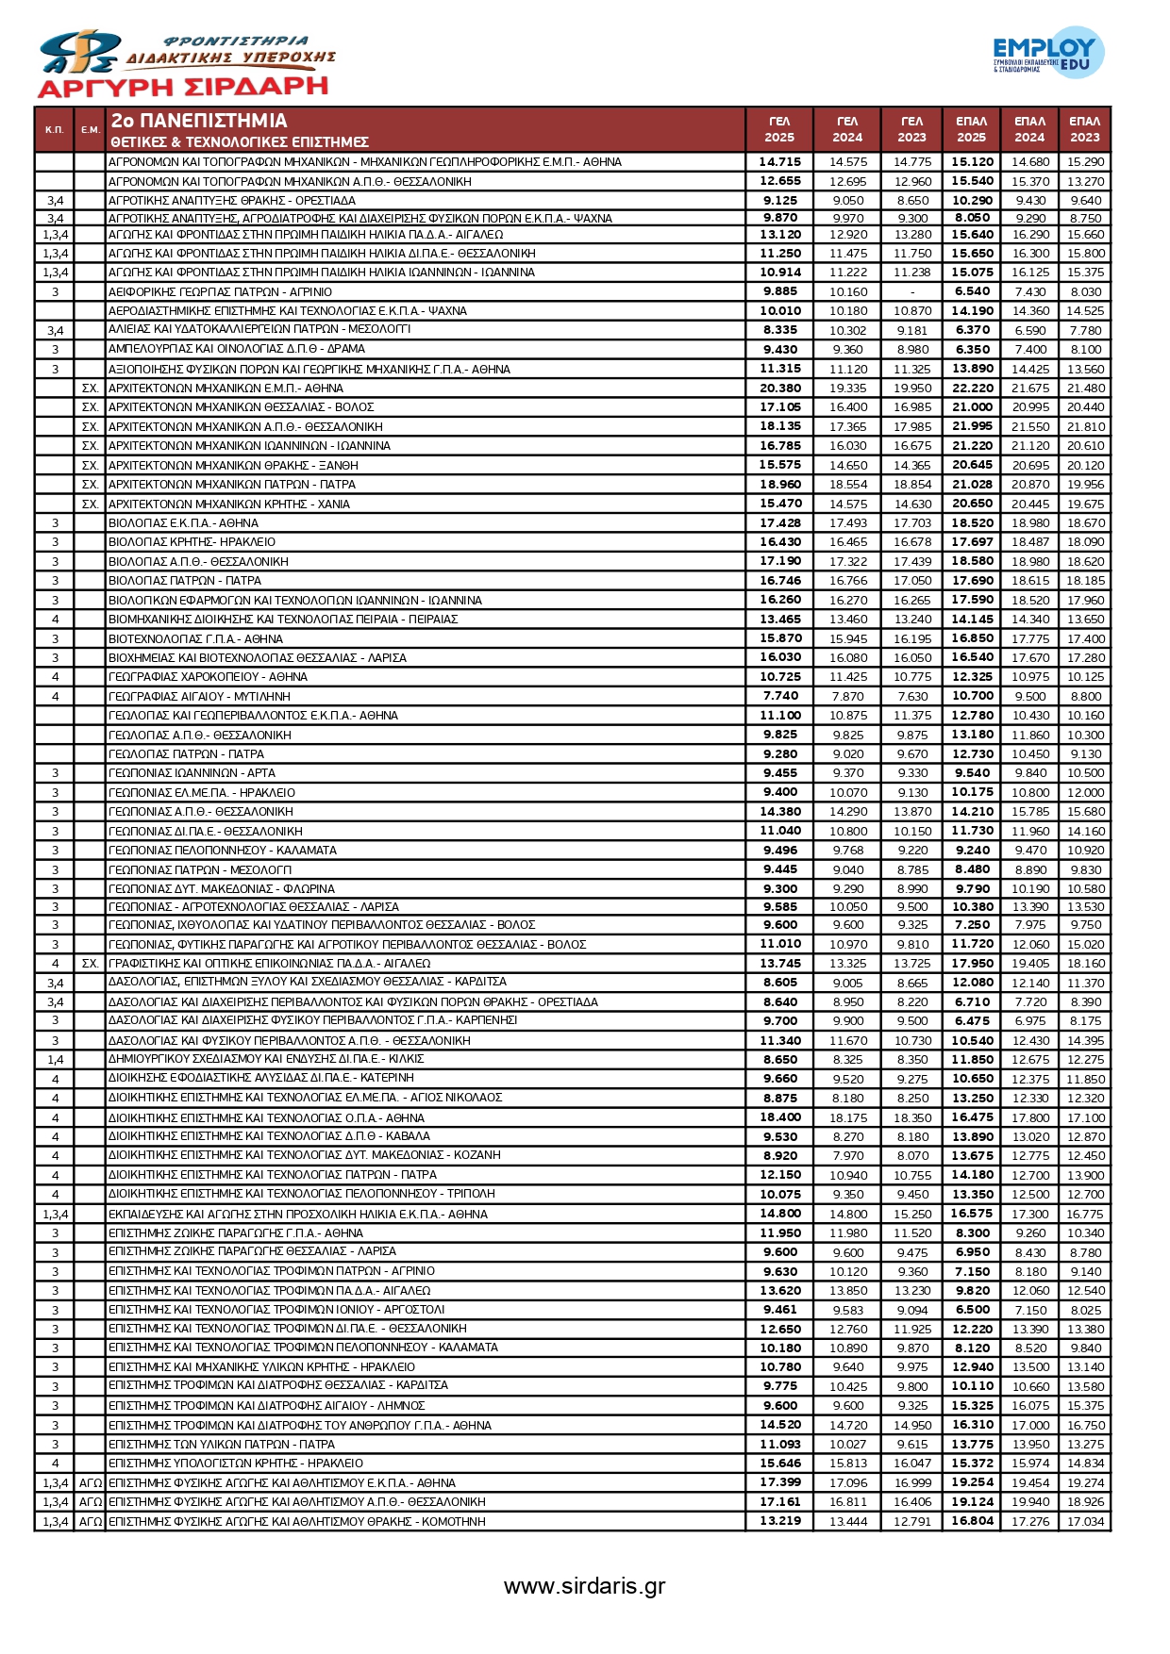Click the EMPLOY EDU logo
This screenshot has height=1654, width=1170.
(1047, 53)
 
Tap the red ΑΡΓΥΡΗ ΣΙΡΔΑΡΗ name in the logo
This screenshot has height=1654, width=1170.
(182, 88)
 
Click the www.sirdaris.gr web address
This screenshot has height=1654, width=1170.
(584, 1585)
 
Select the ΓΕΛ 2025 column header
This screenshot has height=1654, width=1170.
(779, 129)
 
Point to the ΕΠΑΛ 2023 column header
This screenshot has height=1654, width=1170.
(1084, 129)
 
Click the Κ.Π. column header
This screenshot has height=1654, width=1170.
(55, 129)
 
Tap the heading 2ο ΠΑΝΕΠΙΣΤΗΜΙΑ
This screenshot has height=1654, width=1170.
(199, 121)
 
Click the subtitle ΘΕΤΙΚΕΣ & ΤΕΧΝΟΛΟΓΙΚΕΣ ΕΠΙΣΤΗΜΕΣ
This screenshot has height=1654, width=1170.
(240, 142)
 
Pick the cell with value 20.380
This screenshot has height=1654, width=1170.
(780, 388)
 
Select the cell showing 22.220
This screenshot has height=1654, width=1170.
(972, 388)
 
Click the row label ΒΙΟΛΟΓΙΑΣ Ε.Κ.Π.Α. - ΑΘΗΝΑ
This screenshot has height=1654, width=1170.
(184, 522)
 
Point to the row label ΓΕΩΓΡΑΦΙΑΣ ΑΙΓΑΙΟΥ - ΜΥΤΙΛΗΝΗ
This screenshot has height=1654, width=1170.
(199, 696)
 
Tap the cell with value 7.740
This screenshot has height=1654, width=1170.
(780, 696)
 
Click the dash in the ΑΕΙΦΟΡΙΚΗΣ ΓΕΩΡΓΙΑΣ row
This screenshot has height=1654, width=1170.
(912, 292)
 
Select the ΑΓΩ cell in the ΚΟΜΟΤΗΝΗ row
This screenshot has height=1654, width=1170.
(91, 1521)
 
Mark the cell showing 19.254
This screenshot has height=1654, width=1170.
(972, 1482)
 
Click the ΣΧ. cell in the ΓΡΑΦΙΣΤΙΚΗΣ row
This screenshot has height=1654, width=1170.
(91, 964)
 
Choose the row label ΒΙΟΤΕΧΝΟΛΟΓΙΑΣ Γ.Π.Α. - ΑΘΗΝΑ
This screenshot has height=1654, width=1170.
(195, 638)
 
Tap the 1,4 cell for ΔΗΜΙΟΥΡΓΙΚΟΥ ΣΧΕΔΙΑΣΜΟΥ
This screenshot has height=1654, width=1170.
(55, 1060)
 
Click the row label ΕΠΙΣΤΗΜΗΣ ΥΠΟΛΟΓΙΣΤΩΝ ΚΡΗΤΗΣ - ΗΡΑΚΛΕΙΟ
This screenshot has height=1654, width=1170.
(236, 1464)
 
